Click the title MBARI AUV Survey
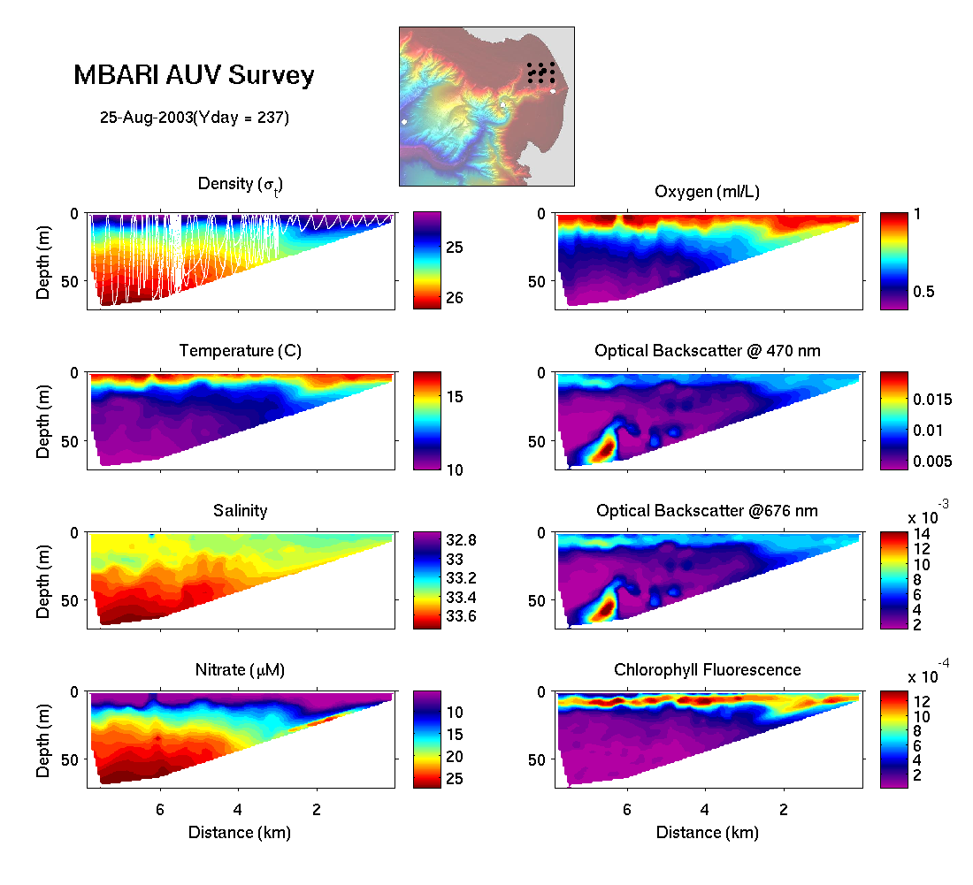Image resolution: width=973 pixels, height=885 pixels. point(194,76)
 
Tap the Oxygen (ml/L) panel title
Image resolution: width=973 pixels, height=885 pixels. point(707,192)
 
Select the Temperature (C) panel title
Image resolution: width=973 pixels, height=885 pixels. point(240,351)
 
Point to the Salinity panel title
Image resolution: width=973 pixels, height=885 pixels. point(240,510)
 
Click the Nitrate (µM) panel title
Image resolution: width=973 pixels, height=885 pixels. point(240,670)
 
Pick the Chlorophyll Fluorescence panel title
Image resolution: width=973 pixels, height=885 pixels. point(707,670)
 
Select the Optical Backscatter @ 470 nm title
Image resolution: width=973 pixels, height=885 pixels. point(707,351)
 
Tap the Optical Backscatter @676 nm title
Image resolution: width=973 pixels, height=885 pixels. point(707,510)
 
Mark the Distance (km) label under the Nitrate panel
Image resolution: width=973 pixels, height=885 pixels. point(240,832)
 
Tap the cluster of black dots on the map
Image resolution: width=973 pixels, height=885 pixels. point(540,72)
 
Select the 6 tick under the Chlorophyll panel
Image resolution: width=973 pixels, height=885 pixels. point(626,809)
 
